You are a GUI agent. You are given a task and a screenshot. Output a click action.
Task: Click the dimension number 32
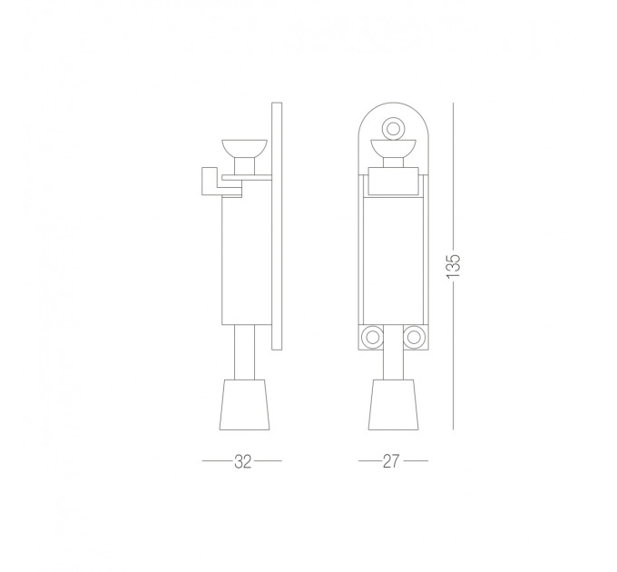[242, 461]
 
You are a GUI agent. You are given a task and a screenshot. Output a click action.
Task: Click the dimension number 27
[391, 461]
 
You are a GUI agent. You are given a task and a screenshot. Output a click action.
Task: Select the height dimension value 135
[454, 266]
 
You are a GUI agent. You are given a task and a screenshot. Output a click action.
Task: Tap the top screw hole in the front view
[393, 128]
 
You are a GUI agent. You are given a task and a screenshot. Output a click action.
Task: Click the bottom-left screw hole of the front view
[372, 338]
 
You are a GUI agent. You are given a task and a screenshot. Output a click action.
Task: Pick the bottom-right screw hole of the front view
[413, 338]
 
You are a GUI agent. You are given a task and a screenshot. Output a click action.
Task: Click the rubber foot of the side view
[244, 405]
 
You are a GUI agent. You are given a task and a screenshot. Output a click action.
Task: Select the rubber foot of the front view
[393, 405]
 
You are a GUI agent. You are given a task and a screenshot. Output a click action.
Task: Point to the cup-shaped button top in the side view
[244, 148]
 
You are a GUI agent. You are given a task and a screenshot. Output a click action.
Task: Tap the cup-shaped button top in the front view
[393, 148]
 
